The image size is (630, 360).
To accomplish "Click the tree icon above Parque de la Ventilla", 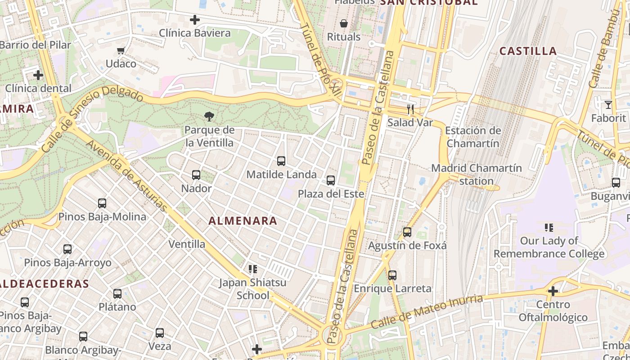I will [209, 117].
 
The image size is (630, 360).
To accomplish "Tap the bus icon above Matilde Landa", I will [281, 161].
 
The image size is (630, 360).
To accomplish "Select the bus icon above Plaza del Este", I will [331, 180].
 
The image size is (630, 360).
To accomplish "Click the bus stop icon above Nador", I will [196, 175].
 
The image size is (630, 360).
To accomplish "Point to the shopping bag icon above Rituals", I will [344, 23].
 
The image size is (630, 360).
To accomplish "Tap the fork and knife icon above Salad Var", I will [410, 109].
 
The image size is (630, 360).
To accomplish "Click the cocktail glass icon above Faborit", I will [608, 105].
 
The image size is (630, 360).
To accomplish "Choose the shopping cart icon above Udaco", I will [121, 50].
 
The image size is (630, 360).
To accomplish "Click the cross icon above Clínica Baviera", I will [195, 20].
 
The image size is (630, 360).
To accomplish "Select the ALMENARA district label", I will [243, 221].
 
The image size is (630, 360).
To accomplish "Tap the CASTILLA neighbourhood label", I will [528, 51].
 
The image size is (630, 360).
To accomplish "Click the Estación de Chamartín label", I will [473, 137].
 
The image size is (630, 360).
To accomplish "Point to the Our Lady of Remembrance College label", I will [549, 247].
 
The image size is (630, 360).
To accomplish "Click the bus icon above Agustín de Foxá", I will [407, 232].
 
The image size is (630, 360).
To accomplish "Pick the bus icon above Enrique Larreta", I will [392, 275].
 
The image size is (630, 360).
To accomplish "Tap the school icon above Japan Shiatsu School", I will [253, 269].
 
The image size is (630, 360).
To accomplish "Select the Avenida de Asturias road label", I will [126, 176].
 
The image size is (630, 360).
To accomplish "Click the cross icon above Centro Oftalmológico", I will [553, 291].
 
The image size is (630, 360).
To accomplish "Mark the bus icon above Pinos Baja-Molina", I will [102, 203].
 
